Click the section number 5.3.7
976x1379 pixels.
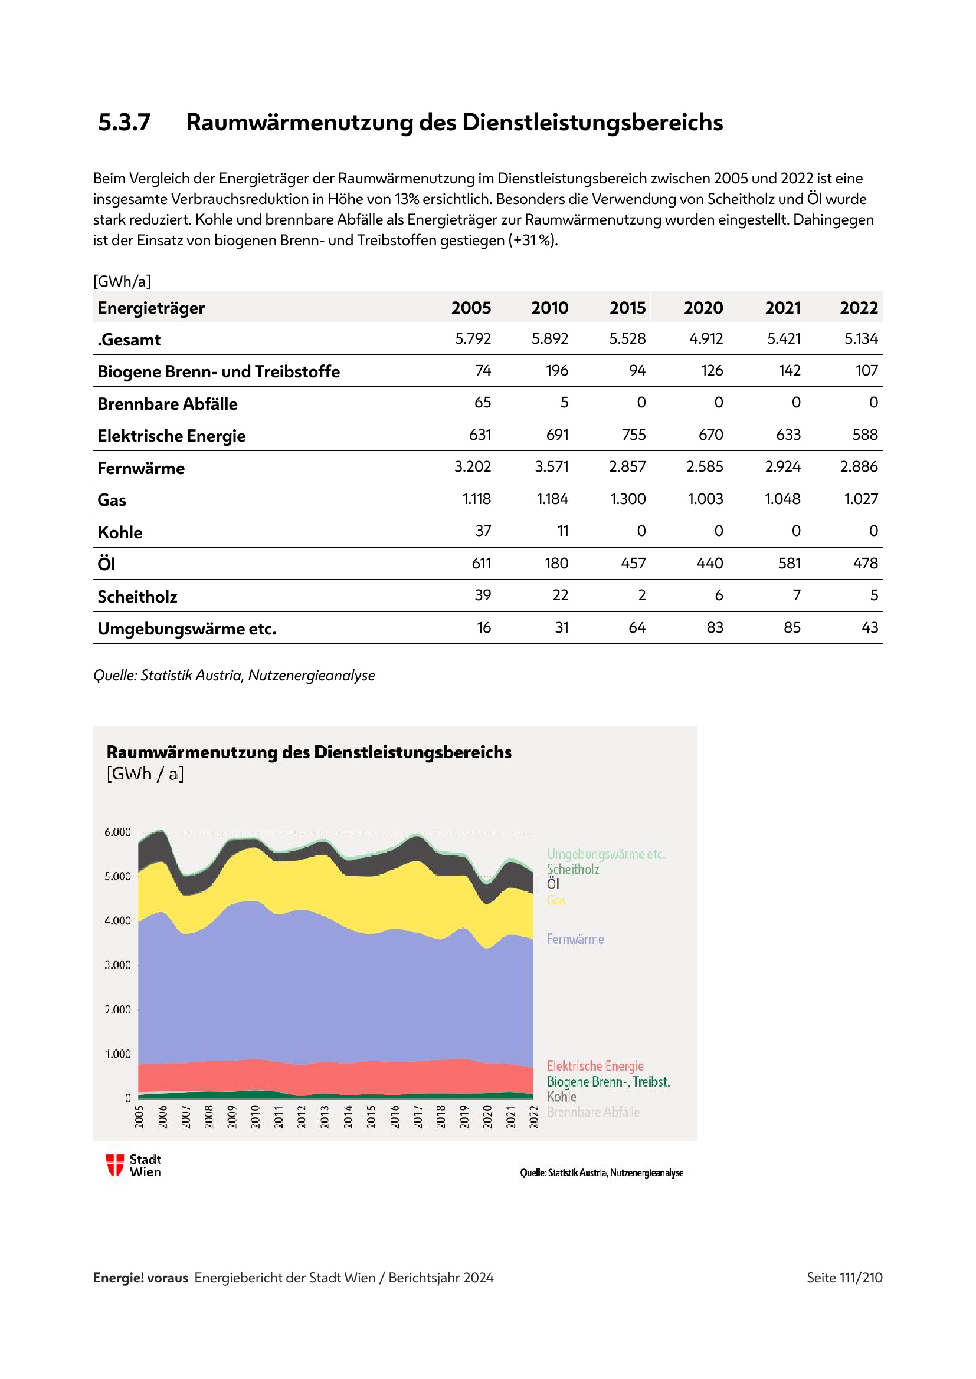coord(124,123)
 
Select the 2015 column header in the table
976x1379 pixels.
coord(627,308)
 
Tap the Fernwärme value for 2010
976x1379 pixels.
coord(551,467)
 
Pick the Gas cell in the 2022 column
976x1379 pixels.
coord(860,499)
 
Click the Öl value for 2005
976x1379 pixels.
coord(481,564)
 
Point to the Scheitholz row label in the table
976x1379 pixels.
coord(137,597)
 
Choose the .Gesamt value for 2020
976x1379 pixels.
coord(706,339)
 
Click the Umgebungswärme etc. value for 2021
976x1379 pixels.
coord(791,628)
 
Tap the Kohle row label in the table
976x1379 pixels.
coord(120,532)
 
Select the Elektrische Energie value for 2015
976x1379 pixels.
coord(633,435)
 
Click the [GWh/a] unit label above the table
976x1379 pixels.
coord(122,281)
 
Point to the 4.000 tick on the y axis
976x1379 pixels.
coord(117,921)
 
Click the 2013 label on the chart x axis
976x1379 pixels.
coord(325,1117)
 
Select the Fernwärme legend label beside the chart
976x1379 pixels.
coord(575,939)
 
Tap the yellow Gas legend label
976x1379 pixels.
coord(556,900)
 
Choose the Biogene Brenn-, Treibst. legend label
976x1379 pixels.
coord(608,1082)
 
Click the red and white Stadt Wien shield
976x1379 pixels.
coord(115,1165)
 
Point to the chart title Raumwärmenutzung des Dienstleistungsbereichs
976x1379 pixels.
coord(309,752)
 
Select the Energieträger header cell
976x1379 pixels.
coord(151,308)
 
